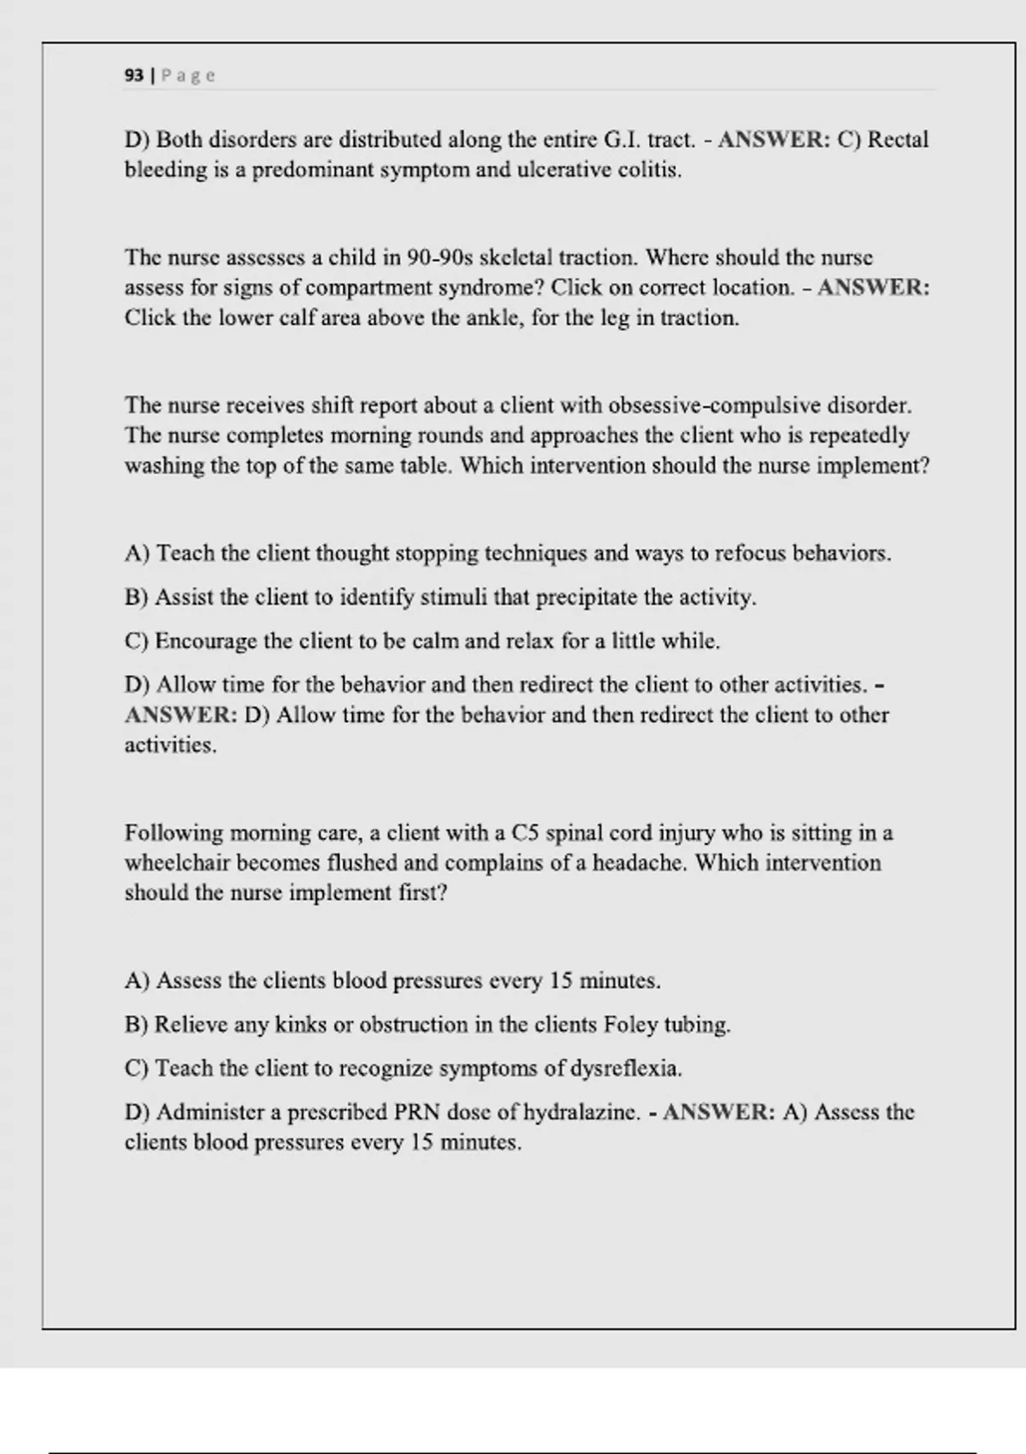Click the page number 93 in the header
pyautogui.click(x=133, y=75)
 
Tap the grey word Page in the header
pyautogui.click(x=188, y=75)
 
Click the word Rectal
pyautogui.click(x=898, y=139)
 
